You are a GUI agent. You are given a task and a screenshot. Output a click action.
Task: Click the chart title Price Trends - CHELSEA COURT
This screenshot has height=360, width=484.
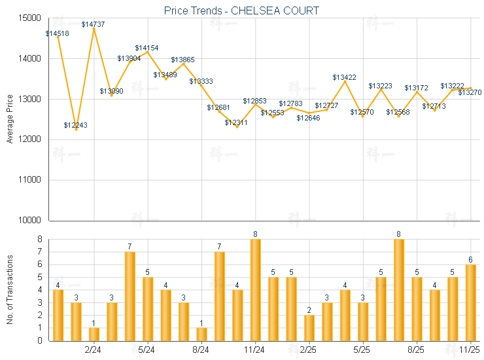pyautogui.click(x=241, y=10)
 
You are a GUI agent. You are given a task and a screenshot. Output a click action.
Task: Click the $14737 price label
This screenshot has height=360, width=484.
pyautogui.click(x=94, y=24)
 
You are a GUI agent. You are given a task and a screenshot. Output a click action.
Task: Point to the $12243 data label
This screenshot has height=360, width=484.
pyautogui.click(x=76, y=125)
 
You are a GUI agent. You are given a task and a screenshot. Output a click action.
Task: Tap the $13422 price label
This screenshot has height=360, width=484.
pyautogui.click(x=344, y=77)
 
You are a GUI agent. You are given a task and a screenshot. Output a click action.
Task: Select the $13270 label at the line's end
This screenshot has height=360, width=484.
pyautogui.click(x=470, y=92)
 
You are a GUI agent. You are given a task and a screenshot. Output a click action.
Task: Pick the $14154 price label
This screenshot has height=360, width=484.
pyautogui.click(x=147, y=48)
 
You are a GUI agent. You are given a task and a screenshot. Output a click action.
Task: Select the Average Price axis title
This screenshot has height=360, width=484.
pyautogui.click(x=10, y=119)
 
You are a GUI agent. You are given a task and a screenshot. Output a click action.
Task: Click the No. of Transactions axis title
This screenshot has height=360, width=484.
pyautogui.click(x=10, y=289)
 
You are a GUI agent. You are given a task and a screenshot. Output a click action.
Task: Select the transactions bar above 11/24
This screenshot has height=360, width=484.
pyautogui.click(x=255, y=290)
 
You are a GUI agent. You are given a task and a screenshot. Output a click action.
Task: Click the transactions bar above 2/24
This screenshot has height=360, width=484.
pyautogui.click(x=94, y=334)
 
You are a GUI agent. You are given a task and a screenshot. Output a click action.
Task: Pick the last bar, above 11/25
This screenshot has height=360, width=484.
pyautogui.click(x=470, y=302)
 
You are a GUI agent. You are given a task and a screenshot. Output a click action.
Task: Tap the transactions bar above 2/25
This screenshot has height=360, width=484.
pyautogui.click(x=309, y=327)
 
